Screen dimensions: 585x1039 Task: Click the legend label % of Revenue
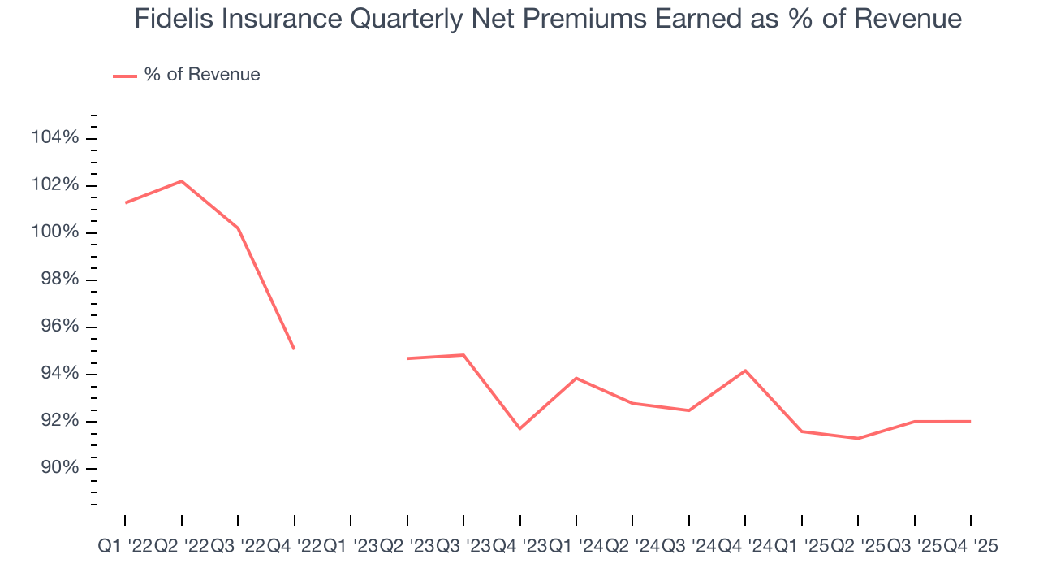pyautogui.click(x=202, y=75)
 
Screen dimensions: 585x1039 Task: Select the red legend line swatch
pyautogui.click(x=125, y=76)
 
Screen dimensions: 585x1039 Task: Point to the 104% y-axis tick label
pyautogui.click(x=55, y=138)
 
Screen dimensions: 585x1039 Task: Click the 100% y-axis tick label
pyautogui.click(x=55, y=232)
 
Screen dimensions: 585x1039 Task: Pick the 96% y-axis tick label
pyautogui.click(x=55, y=327)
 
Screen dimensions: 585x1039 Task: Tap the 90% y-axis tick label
pyautogui.click(x=55, y=468)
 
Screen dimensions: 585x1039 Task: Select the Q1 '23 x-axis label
pyautogui.click(x=350, y=548)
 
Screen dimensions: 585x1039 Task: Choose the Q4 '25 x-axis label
pyautogui.click(x=970, y=548)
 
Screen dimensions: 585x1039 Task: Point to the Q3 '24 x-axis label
pyautogui.click(x=688, y=548)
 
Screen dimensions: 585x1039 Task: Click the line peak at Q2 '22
pyautogui.click(x=181, y=180)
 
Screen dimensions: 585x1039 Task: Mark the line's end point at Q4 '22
pyautogui.click(x=294, y=349)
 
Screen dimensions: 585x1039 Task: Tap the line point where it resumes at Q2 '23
pyautogui.click(x=407, y=358)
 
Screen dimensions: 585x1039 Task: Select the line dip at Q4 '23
pyautogui.click(x=519, y=428)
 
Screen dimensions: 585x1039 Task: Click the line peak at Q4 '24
pyautogui.click(x=745, y=370)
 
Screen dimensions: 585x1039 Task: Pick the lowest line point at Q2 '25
pyautogui.click(x=858, y=438)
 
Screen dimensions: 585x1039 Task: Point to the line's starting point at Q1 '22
pyautogui.click(x=125, y=202)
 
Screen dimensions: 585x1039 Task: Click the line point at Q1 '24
pyautogui.click(x=576, y=378)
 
